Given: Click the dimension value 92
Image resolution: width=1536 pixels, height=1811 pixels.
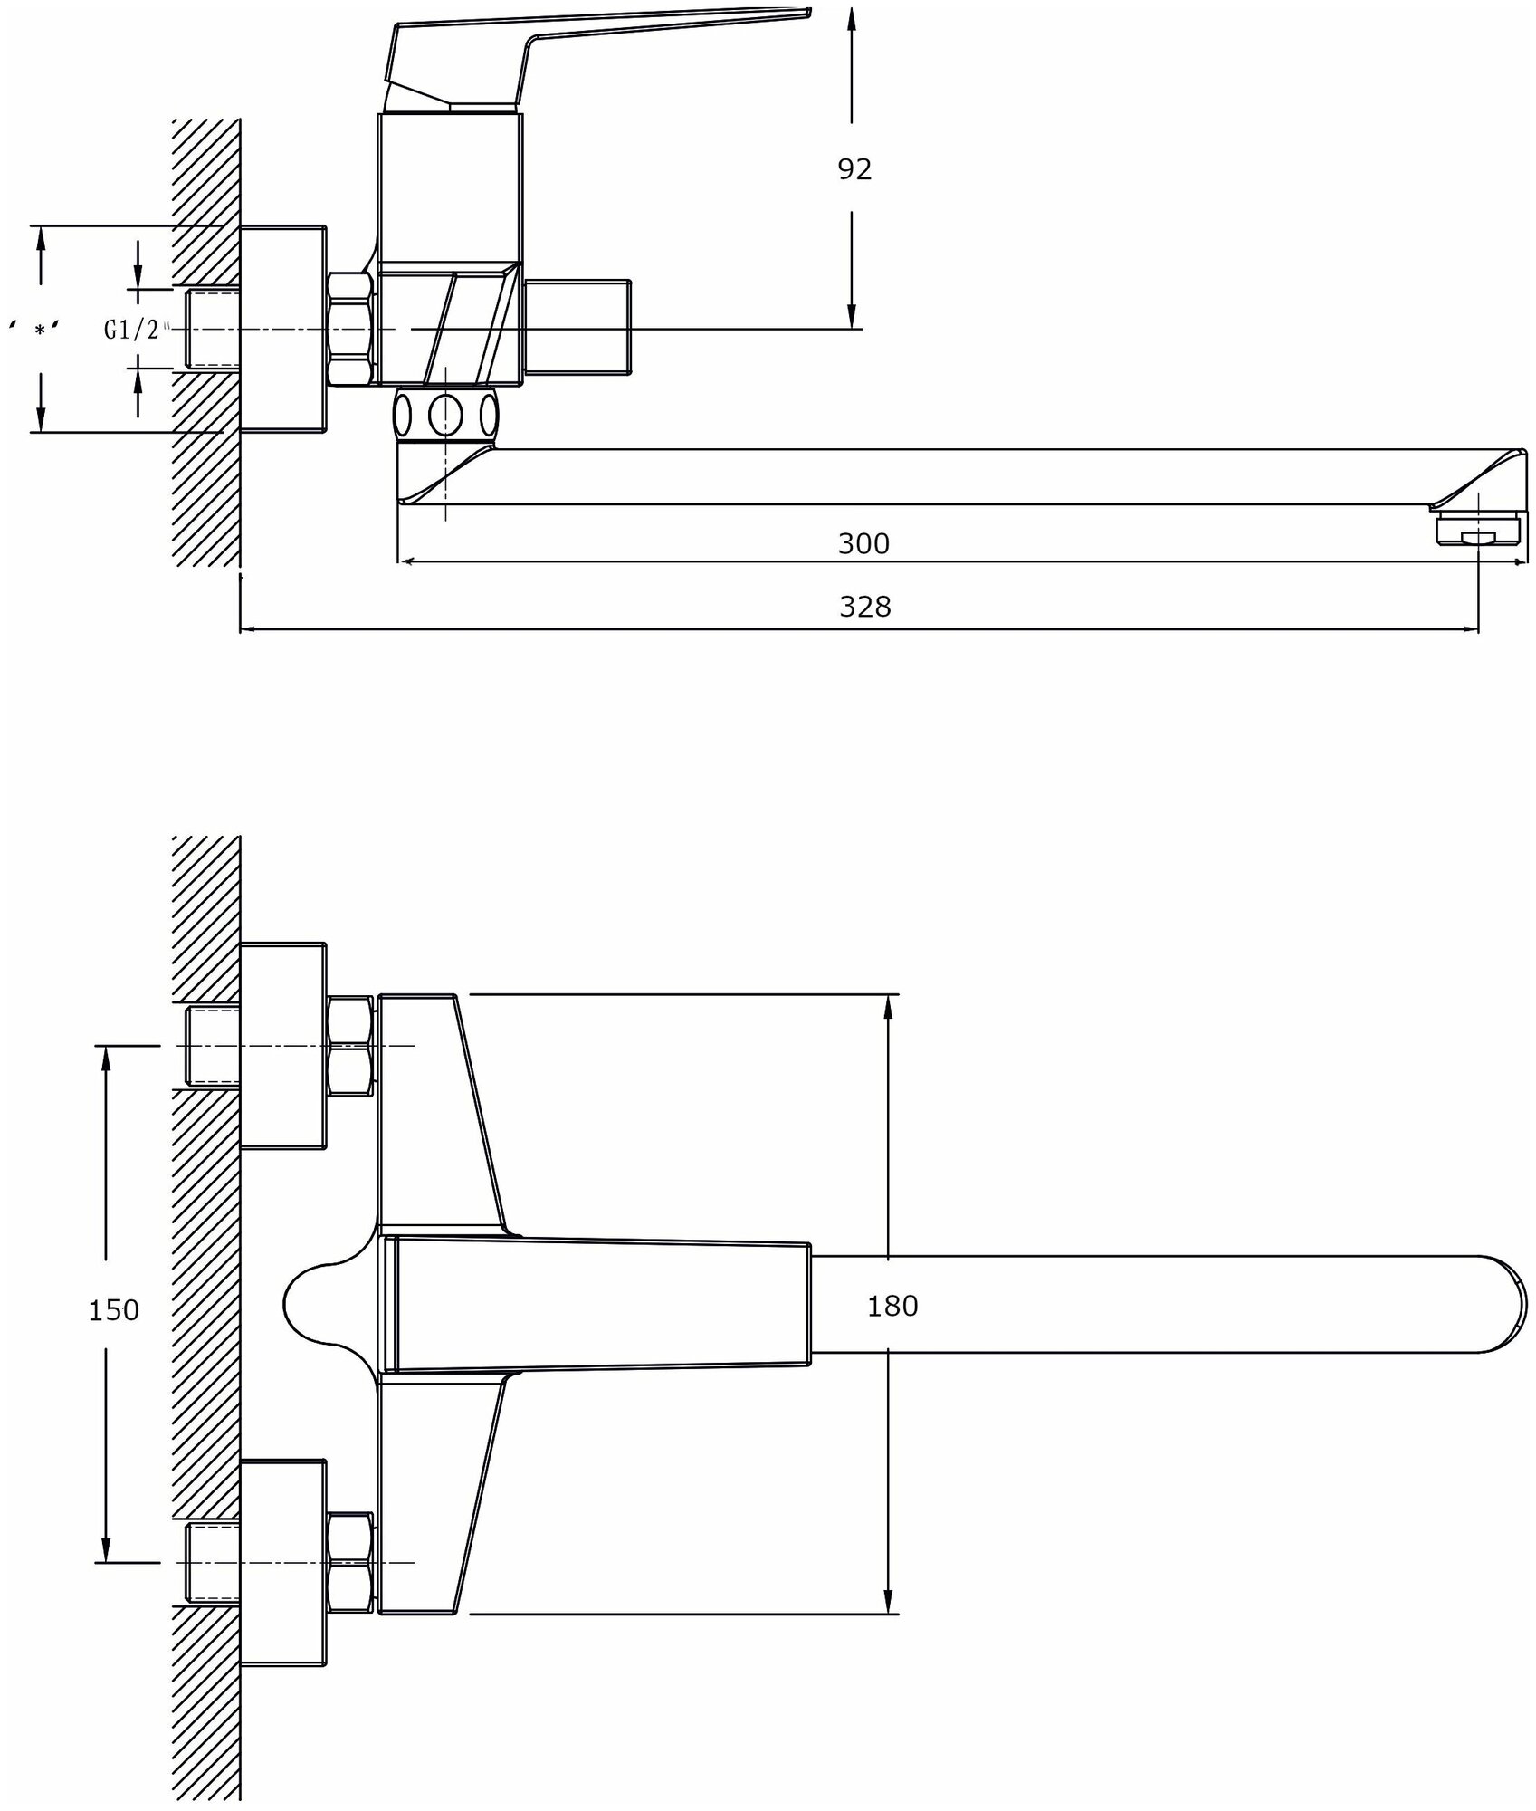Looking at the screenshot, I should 854,169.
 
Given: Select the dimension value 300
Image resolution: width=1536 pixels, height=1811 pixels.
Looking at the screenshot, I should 863,543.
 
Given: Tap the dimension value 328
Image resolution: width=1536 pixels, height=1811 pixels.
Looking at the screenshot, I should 864,606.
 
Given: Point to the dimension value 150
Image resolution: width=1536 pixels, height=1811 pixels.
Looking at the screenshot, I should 114,1309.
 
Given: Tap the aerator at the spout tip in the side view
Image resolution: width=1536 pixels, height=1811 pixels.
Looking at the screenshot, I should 1477,528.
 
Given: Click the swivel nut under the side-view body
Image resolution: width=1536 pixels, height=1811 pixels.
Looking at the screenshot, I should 445,416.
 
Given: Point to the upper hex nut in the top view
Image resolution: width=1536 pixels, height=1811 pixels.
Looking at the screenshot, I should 349,1046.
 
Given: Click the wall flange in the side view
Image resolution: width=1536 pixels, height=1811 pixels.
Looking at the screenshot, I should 282,329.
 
